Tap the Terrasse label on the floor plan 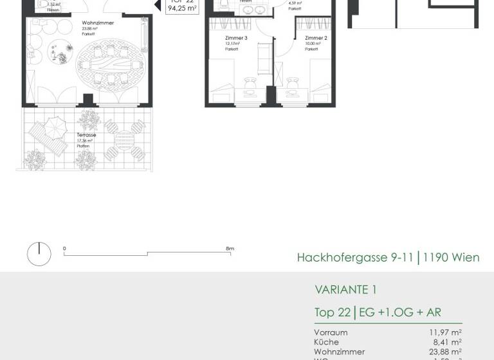[x=86, y=135]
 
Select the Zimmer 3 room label [x=236, y=38]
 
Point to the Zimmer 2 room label [x=316, y=38]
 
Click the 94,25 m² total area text [x=181, y=8]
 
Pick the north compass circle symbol [x=39, y=254]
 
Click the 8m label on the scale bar [x=230, y=249]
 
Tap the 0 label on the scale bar [x=64, y=249]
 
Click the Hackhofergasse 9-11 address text [x=355, y=258]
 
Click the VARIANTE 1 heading [x=345, y=290]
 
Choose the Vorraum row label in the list [x=331, y=332]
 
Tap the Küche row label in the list [x=326, y=342]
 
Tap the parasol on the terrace [x=56, y=125]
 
